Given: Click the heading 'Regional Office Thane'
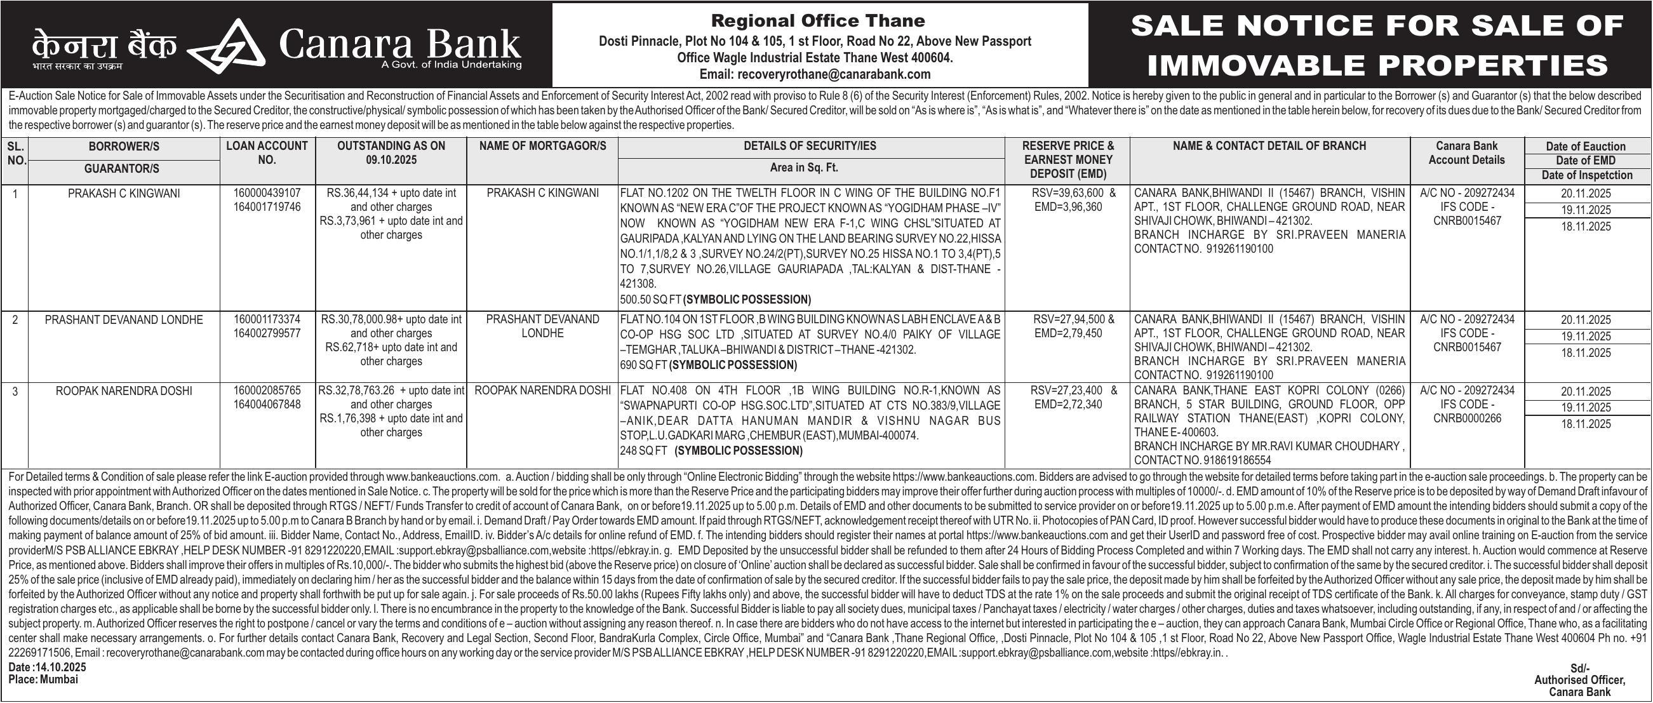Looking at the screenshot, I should pos(818,20).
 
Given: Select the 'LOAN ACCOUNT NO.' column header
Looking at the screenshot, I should pos(267,152).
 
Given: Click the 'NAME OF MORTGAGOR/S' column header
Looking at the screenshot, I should pos(542,146).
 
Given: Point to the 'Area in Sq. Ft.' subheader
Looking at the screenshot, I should pos(804,168).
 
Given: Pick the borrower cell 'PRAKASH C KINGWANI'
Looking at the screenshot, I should pos(124,193).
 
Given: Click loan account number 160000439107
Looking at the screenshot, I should pos(267,192).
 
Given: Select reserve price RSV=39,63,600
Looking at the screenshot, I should pos(1062,193).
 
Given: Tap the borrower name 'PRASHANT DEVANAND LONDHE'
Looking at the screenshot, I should pos(124,319).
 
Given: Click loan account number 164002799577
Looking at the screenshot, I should pos(267,333).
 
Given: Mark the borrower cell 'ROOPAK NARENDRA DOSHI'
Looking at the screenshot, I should pos(124,391).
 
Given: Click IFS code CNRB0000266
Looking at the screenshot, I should pos(1467,419).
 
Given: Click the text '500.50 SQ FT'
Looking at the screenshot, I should pos(650,300).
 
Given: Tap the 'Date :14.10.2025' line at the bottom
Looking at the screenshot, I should pos(47,667).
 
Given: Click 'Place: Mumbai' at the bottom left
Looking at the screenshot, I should pos(43,680).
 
